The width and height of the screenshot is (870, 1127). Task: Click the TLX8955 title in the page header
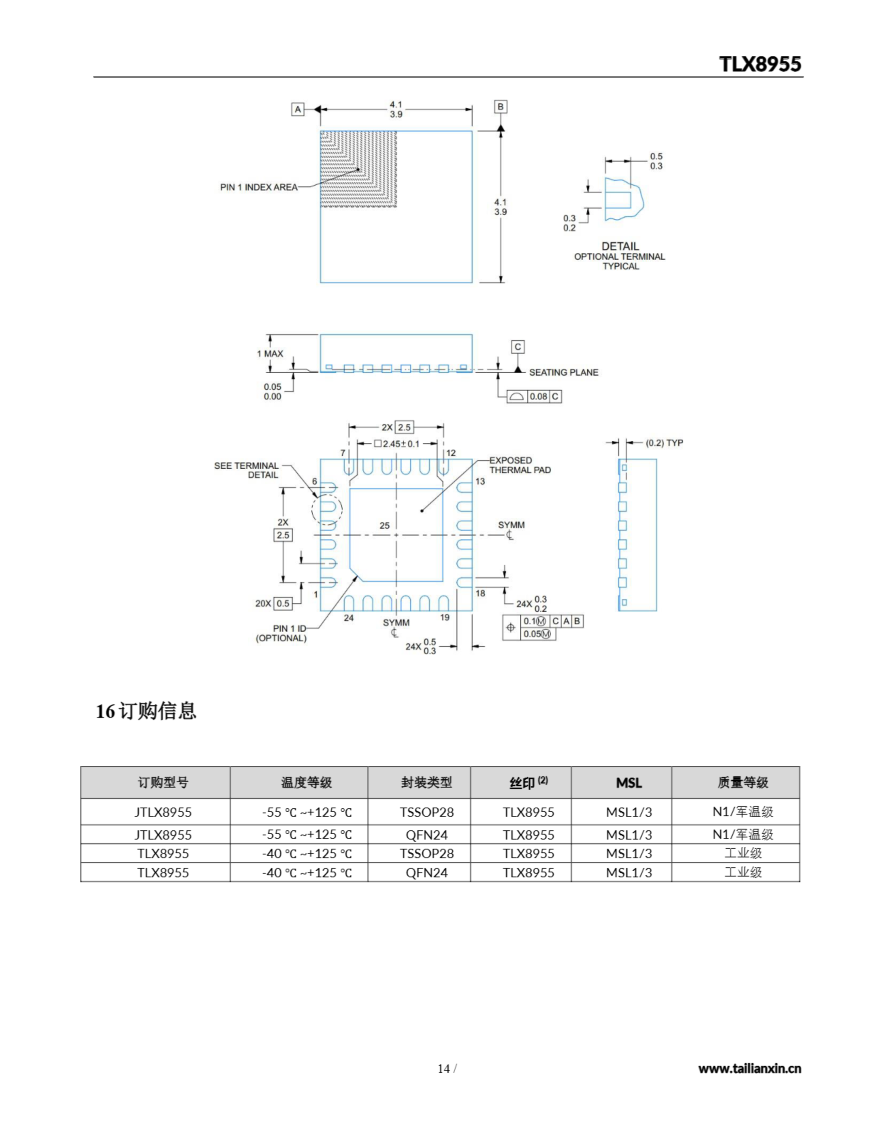tap(760, 64)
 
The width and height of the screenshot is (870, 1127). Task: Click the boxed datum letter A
tap(298, 109)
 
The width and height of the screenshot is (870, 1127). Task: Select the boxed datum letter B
tap(500, 107)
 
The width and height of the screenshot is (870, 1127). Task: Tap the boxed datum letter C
tap(518, 347)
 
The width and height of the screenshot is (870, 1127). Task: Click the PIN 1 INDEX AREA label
tap(258, 187)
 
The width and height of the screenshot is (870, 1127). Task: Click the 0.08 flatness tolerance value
tap(538, 396)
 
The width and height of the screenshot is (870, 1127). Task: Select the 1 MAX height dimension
tap(270, 354)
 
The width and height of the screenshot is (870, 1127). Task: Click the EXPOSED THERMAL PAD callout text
tap(520, 465)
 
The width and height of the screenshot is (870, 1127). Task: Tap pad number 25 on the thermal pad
tap(384, 526)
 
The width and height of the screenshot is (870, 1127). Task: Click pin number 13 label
tap(480, 482)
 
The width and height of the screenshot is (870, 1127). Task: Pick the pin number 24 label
tap(349, 618)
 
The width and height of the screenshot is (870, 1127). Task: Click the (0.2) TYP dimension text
tap(664, 443)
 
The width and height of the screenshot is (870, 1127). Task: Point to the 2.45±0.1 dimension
tap(401, 444)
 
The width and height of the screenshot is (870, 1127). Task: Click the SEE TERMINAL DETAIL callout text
tap(246, 470)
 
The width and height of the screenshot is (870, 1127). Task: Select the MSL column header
tap(629, 783)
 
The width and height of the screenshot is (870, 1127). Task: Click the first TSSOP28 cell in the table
tap(427, 812)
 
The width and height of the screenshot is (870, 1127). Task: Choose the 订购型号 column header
tap(163, 783)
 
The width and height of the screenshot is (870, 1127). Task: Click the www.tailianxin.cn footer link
tap(749, 1068)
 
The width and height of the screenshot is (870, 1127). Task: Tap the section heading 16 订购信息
tap(146, 711)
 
